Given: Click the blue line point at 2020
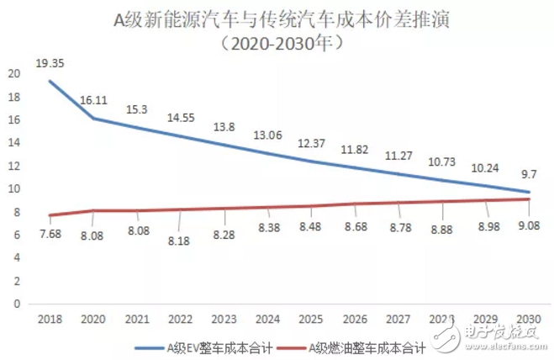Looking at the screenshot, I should tap(93, 119).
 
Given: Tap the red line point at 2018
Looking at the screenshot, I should tap(50, 215).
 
